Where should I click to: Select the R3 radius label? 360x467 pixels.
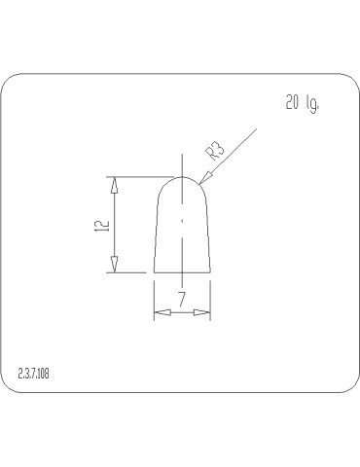pos(215,150)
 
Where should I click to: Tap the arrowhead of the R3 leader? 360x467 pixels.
pos(201,179)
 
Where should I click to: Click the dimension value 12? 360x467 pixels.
pos(100,225)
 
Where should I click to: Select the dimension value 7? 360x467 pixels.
pos(182,298)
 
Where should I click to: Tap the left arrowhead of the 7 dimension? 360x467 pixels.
pos(162,313)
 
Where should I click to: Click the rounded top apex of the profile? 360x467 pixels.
pos(182,176)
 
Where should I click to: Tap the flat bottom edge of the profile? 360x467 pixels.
pos(182,272)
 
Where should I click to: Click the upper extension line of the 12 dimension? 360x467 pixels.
pos(136,176)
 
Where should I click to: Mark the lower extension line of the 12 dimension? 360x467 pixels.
pos(131,272)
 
